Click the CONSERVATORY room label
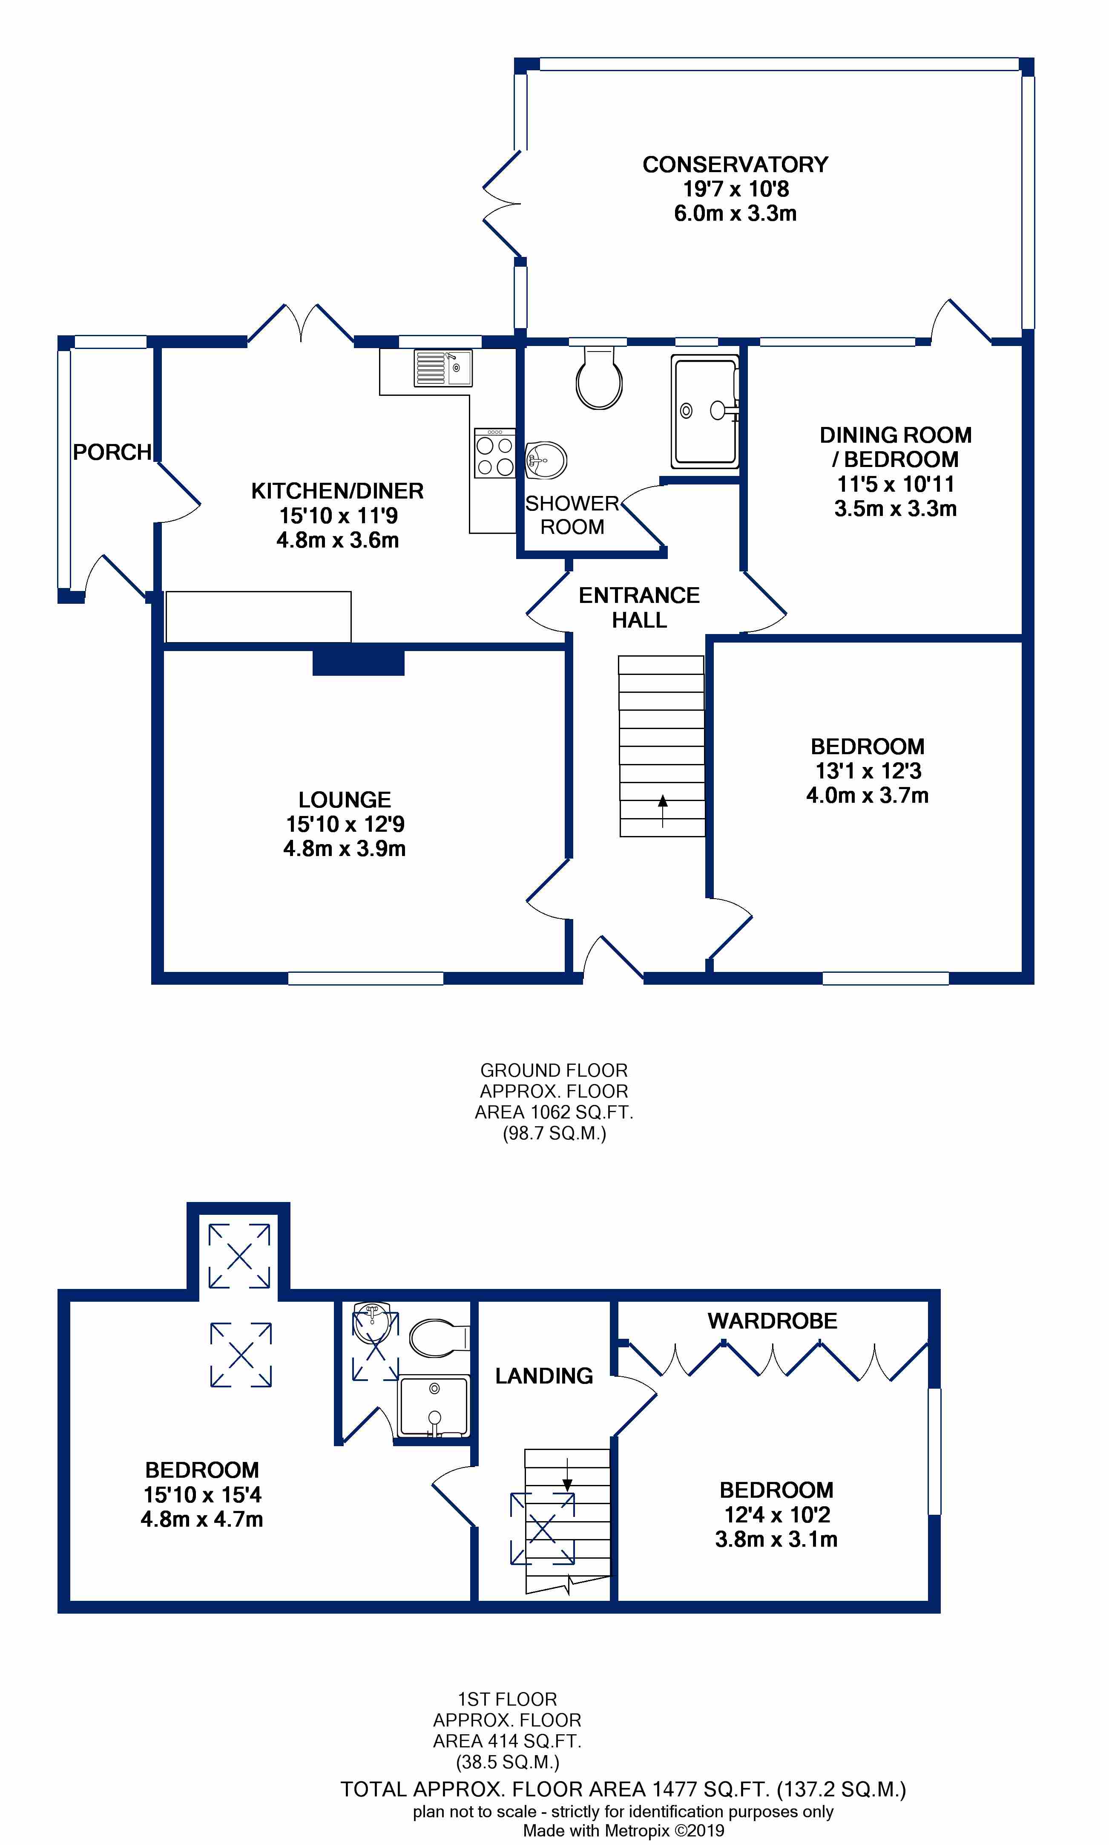point(736,164)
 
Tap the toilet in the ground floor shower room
point(599,378)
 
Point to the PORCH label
point(112,452)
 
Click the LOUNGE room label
point(345,800)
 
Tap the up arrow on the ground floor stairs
point(662,811)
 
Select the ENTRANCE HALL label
point(640,608)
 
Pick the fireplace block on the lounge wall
point(358,662)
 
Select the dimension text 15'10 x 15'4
point(203,1495)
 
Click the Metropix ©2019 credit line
point(623,1830)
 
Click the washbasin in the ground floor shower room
point(546,459)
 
